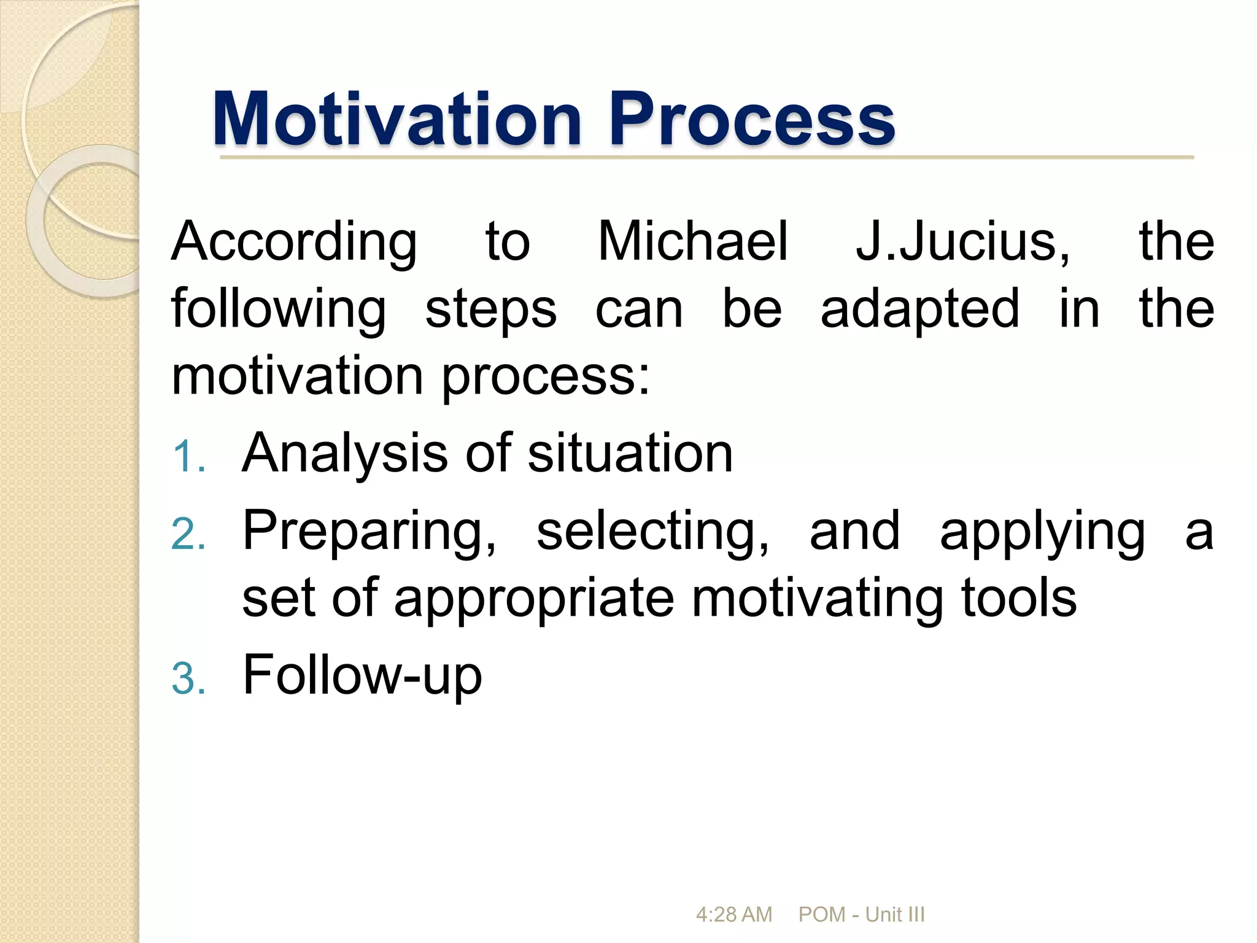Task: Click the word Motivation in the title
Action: pyautogui.click(x=397, y=119)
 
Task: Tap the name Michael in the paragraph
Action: pyautogui.click(x=692, y=242)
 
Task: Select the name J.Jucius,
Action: pyautogui.click(x=962, y=243)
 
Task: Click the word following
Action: pyautogui.click(x=279, y=311)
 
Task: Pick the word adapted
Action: pyautogui.click(x=920, y=311)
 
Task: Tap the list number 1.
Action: pyautogui.click(x=188, y=458)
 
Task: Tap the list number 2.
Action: pyautogui.click(x=188, y=534)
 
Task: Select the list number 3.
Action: pyautogui.click(x=188, y=679)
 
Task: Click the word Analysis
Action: pyautogui.click(x=345, y=454)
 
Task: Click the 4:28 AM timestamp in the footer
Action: pyautogui.click(x=733, y=915)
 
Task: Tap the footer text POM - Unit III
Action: pyautogui.click(x=861, y=915)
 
